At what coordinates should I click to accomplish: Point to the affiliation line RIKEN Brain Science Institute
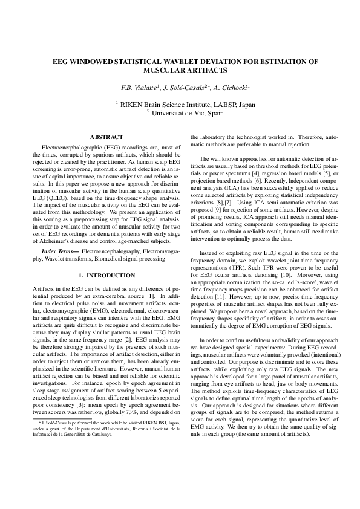pyautogui.click(x=185, y=104)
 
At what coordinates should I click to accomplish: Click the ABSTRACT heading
pyautogui.click(x=106, y=137)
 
